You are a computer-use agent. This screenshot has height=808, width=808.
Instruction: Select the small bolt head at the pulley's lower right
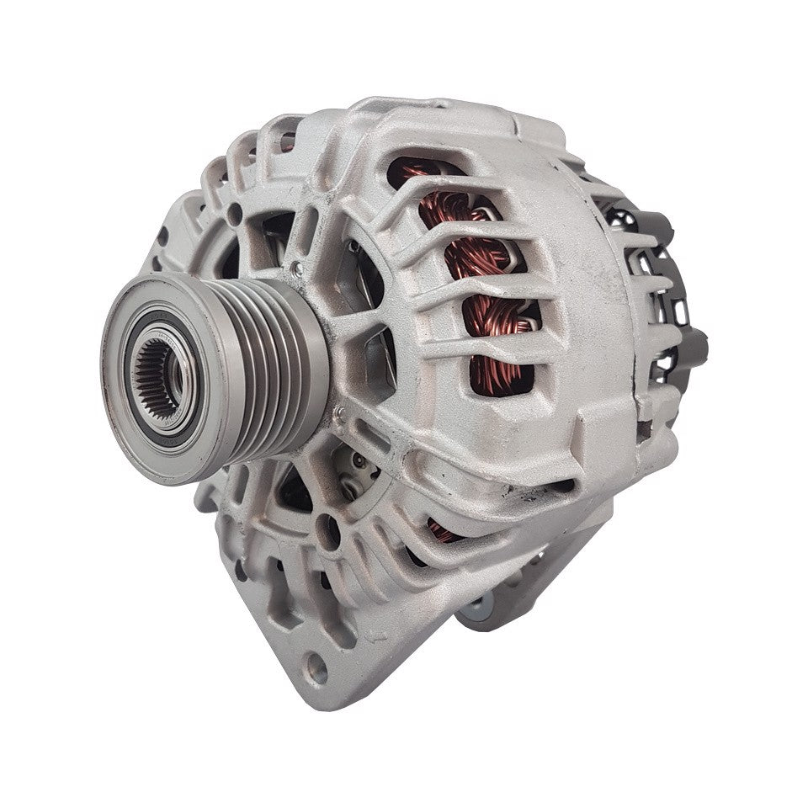(x=340, y=412)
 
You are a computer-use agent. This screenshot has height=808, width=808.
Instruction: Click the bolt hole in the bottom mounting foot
(x=317, y=669)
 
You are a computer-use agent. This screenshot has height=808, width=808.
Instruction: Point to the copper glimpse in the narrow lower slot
(x=442, y=531)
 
